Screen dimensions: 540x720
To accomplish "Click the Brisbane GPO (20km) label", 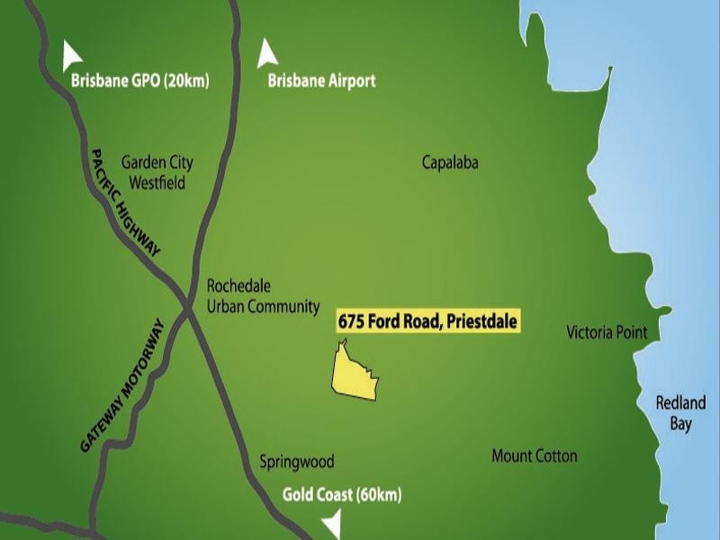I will (x=139, y=81).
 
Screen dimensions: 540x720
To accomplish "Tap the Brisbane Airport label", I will (x=321, y=81).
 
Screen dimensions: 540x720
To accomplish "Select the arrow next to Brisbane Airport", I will (x=267, y=53).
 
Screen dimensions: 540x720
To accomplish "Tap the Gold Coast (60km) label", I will (x=342, y=495).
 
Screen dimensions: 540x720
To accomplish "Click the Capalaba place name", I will (x=450, y=163).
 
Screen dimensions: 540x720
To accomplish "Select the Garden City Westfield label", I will (x=158, y=173).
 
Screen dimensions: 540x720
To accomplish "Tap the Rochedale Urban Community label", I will (x=263, y=295).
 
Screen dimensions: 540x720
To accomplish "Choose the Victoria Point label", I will (x=607, y=333).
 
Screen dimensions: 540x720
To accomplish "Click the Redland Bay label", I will (x=680, y=413).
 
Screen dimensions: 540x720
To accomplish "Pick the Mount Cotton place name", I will (x=534, y=456).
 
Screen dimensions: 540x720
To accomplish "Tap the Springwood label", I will (x=297, y=462).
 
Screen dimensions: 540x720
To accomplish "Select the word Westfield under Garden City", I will (x=158, y=183).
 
